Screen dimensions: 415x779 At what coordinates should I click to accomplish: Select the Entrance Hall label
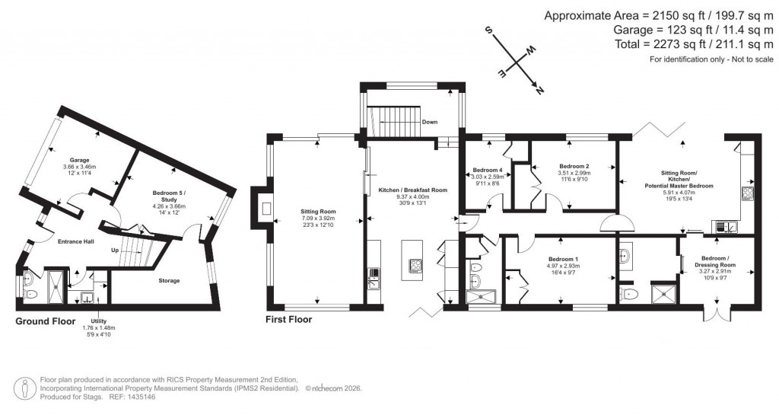pyautogui.click(x=77, y=241)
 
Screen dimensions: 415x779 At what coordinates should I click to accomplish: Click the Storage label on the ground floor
pyautogui.click(x=169, y=281)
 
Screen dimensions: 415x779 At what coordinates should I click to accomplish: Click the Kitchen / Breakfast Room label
pyautogui.click(x=411, y=190)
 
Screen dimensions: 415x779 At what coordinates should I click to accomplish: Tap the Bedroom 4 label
pyautogui.click(x=488, y=170)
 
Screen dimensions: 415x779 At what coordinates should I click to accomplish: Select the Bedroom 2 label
pyautogui.click(x=574, y=166)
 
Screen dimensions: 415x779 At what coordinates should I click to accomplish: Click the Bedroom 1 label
pyautogui.click(x=564, y=259)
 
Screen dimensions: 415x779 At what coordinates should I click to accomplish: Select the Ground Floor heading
pyautogui.click(x=46, y=321)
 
